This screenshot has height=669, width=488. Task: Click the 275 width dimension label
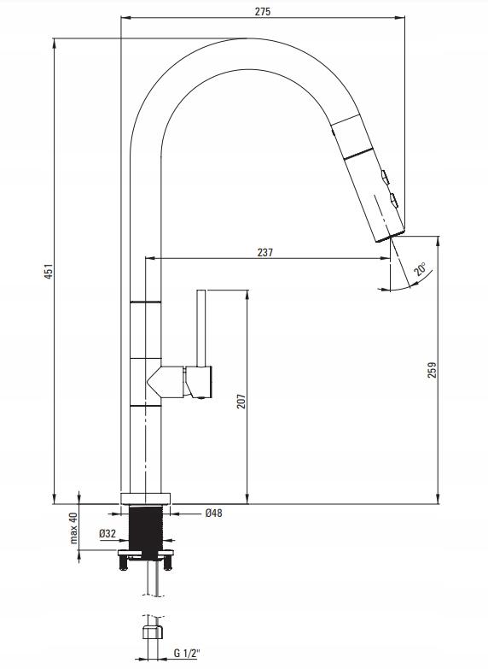(x=263, y=11)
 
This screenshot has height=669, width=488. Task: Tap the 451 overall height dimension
(x=49, y=272)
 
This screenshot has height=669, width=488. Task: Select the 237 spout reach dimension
(x=264, y=252)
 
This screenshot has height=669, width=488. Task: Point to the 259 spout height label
(x=433, y=370)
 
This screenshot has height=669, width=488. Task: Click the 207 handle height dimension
(x=241, y=401)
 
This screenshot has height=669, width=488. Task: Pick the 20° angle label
(x=420, y=270)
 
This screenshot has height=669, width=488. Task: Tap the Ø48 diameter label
(x=213, y=513)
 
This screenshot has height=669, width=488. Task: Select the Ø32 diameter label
(x=107, y=533)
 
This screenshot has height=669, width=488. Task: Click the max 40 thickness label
(x=73, y=528)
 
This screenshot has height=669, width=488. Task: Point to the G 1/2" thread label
(x=186, y=654)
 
